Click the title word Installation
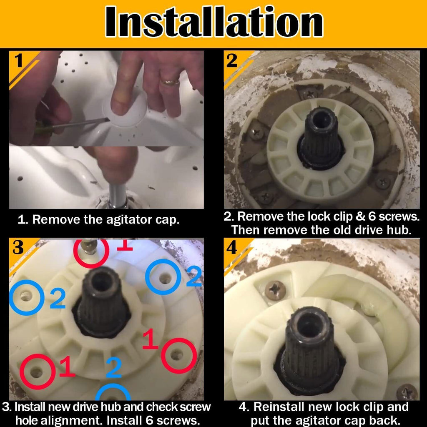214,22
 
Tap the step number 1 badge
18,60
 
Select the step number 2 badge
232,60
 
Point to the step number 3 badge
18,248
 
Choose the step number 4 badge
232,248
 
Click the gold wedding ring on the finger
169,81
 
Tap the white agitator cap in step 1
125,109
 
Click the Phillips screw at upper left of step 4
275,291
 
